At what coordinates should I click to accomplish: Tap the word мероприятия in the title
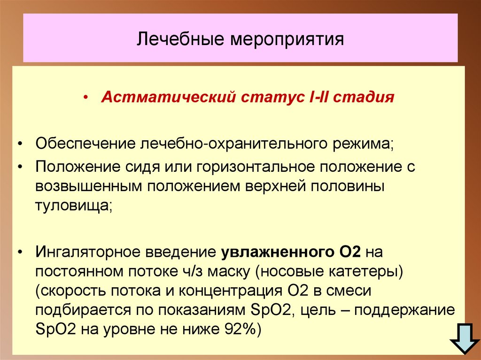(287, 39)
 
